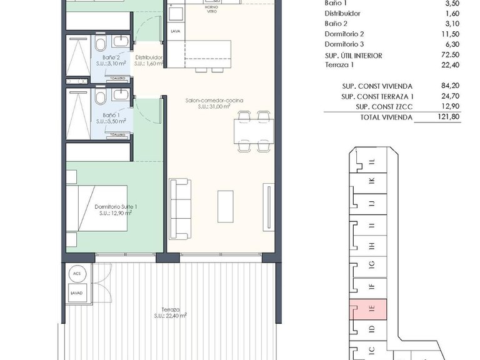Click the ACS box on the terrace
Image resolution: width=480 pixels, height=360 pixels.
[77, 273]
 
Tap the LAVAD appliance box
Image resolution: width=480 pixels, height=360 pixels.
[77, 293]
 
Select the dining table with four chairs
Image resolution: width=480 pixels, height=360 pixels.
[252, 131]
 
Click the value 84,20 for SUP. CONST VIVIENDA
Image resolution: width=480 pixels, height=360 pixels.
[450, 86]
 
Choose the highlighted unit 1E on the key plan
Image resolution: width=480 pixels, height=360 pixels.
[371, 307]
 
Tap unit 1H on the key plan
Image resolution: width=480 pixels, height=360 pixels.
[371, 246]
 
